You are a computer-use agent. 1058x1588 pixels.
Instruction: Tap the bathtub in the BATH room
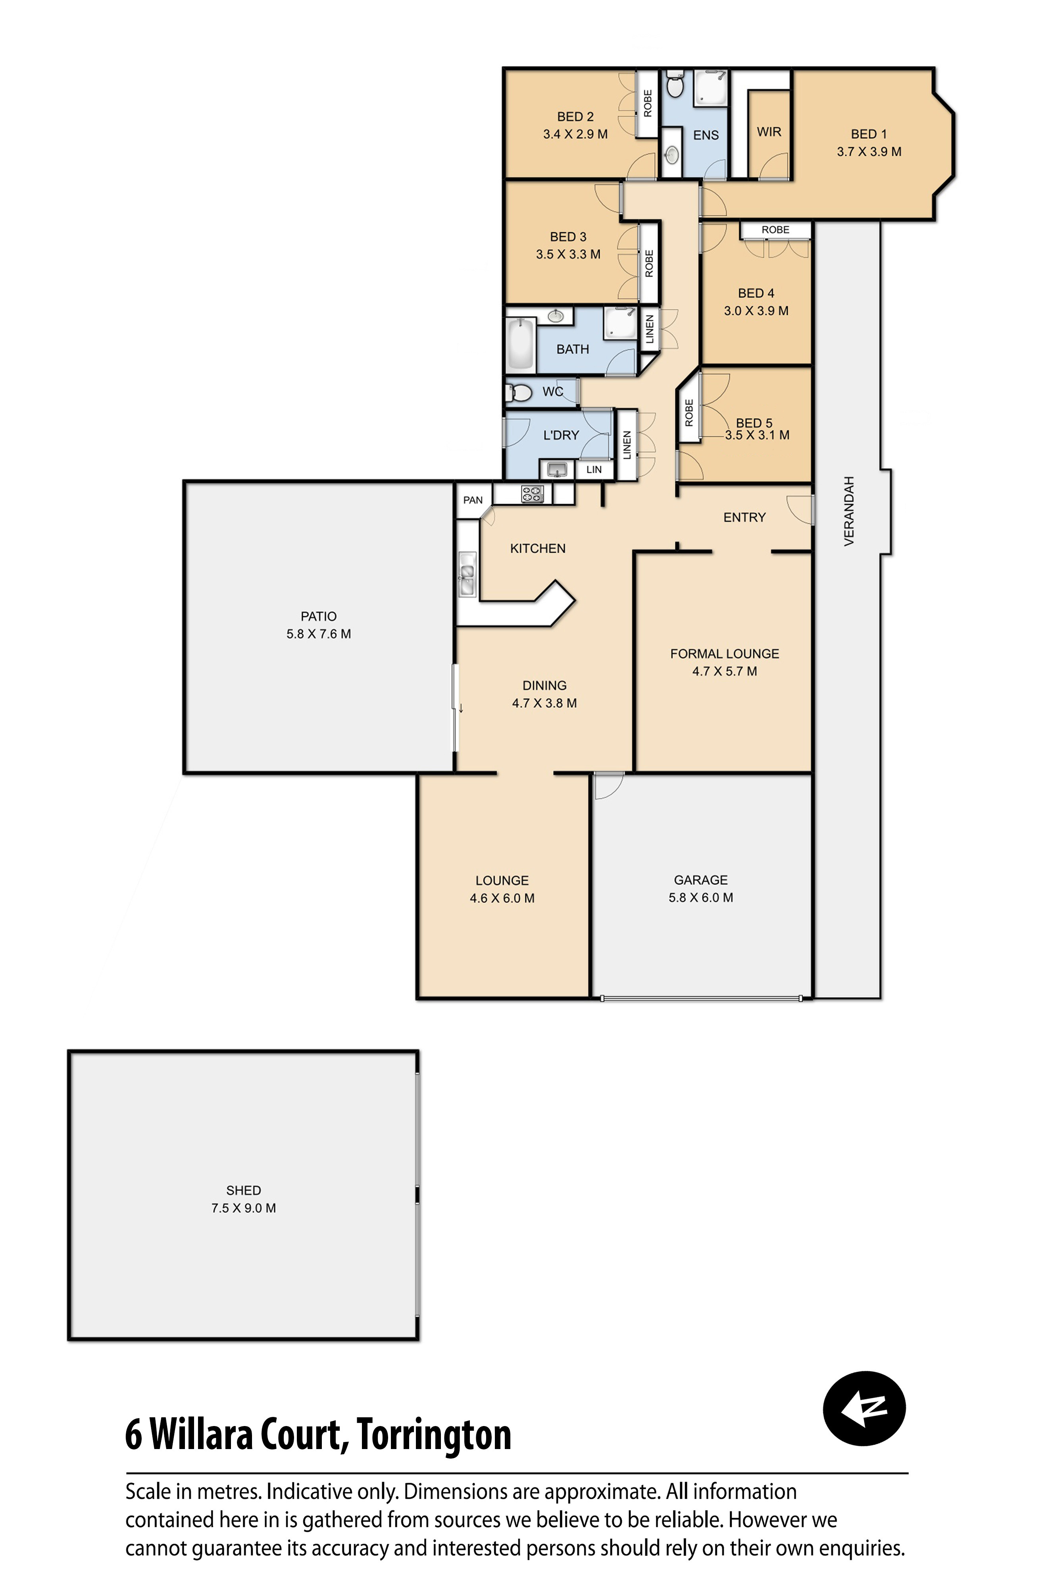[x=520, y=345]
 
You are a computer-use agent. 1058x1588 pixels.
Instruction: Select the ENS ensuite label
[x=706, y=135]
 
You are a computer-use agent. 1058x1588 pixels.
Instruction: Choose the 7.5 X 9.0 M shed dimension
[x=244, y=1208]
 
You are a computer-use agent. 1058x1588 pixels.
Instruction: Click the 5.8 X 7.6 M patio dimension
[x=319, y=634]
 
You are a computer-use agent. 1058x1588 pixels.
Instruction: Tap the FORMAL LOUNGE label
[x=724, y=653]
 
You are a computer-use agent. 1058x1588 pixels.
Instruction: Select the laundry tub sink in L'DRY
[x=557, y=468]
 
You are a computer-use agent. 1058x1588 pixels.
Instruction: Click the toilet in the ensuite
[x=675, y=87]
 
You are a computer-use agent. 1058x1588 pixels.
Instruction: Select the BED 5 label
[x=754, y=422]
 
